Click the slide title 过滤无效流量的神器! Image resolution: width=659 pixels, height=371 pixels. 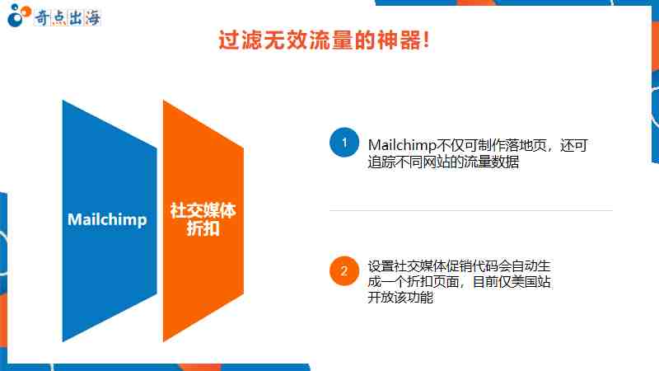[x=324, y=40]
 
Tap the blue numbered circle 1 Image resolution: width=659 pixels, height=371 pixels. [x=344, y=142]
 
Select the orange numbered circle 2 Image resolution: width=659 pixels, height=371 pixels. [x=344, y=271]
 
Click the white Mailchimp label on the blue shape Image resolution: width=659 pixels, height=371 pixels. [x=107, y=220]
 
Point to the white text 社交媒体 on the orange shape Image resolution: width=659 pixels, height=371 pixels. [x=203, y=211]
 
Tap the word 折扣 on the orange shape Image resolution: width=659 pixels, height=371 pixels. [x=203, y=229]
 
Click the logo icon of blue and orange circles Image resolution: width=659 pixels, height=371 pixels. [x=18, y=16]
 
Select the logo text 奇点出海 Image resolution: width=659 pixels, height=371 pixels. [x=68, y=17]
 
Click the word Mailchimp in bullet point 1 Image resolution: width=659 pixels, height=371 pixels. [x=402, y=145]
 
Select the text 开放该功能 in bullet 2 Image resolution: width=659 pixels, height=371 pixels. [x=400, y=298]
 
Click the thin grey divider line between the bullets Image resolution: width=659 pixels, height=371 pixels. [x=470, y=210]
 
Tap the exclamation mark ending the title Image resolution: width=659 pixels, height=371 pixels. [x=427, y=40]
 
